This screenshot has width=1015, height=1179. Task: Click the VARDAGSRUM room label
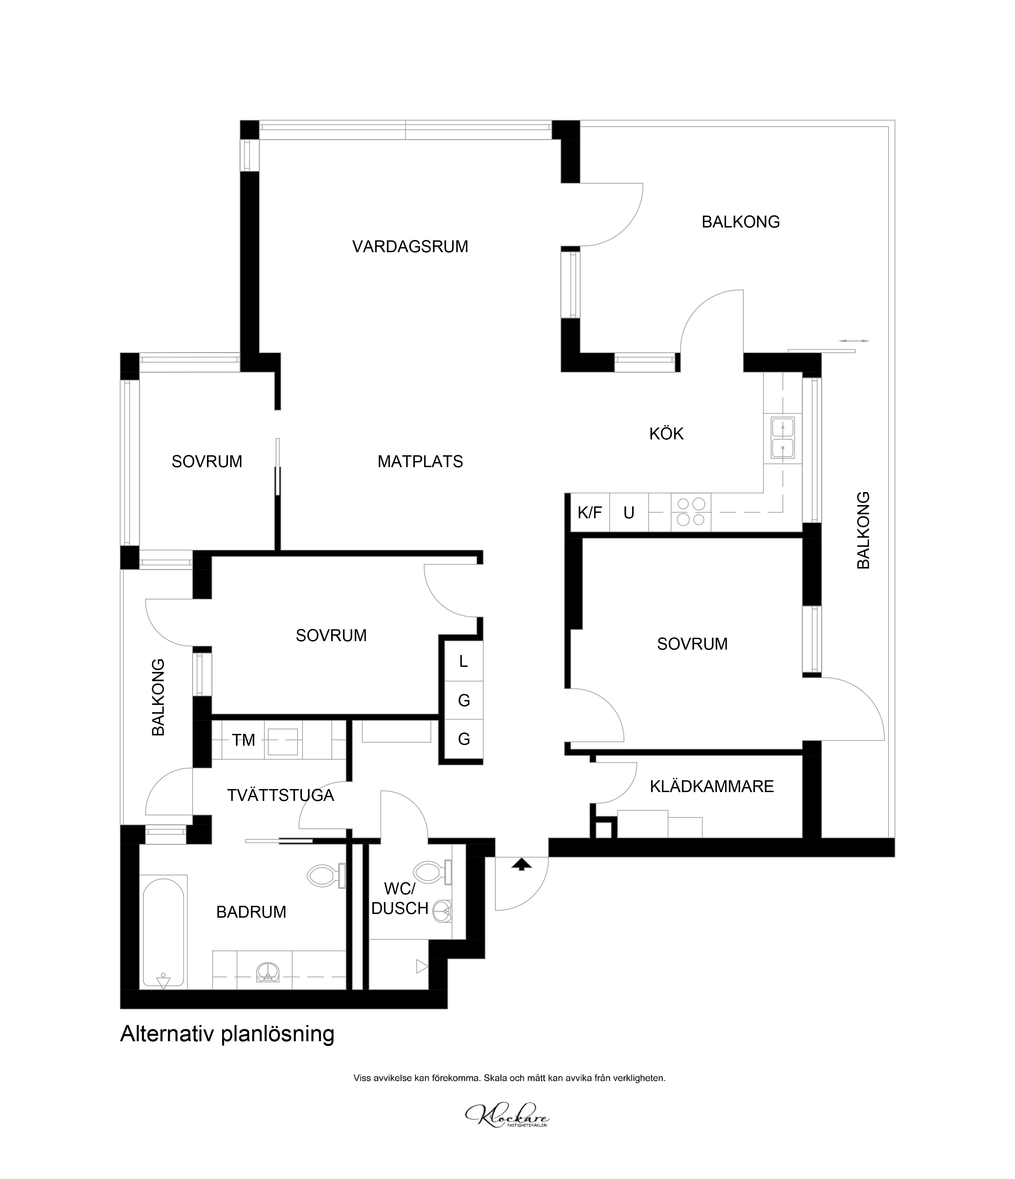coord(410,247)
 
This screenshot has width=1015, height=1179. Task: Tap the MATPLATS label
coord(420,461)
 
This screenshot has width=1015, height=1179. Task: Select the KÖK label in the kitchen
coord(667,434)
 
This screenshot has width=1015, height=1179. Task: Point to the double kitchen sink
coord(783,438)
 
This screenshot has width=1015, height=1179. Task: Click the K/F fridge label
coord(590,513)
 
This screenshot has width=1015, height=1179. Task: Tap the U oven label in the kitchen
coord(629,513)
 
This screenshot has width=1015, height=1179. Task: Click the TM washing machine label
coord(243,740)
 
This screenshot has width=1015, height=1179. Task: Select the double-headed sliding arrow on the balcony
coord(854,341)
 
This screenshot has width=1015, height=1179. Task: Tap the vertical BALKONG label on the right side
coord(863,530)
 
